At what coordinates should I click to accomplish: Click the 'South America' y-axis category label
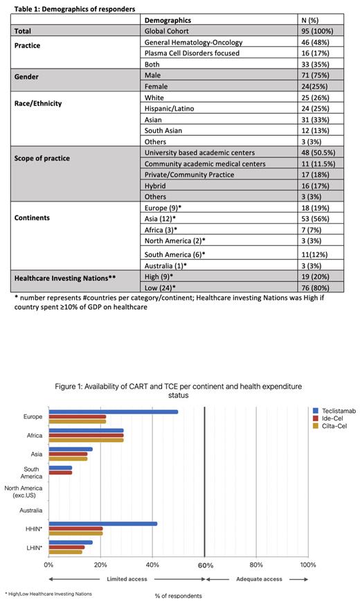[33, 472]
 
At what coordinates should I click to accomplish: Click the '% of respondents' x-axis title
[179, 595]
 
